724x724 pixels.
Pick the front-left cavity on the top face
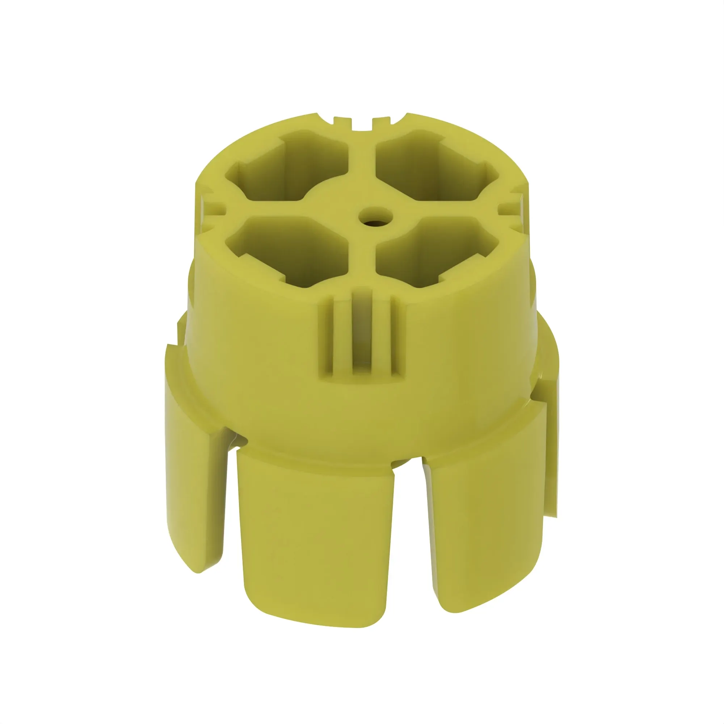coord(289,251)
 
